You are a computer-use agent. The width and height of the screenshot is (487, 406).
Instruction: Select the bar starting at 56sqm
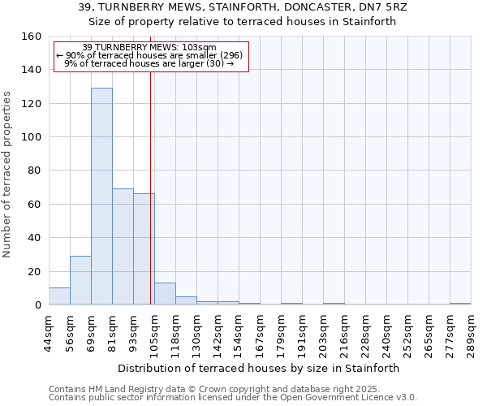click(80, 280)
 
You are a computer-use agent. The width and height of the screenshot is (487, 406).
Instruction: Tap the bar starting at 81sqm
click(123, 247)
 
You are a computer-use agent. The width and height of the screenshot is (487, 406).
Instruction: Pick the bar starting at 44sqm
click(59, 296)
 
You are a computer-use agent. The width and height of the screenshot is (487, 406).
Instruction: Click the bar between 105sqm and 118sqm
click(165, 294)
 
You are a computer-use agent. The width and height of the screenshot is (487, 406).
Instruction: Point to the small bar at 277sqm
click(460, 304)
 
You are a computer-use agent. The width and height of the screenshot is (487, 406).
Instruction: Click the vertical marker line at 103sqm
click(151, 187)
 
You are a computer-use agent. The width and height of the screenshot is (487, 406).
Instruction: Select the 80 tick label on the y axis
click(34, 171)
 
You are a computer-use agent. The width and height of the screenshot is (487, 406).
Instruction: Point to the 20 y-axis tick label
click(34, 272)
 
